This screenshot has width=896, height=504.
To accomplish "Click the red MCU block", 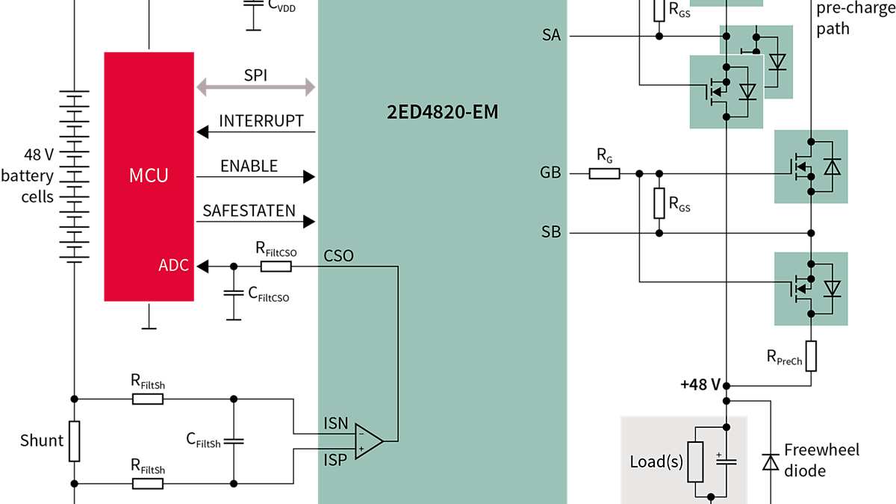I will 149,176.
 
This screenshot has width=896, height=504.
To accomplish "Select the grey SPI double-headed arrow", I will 255,87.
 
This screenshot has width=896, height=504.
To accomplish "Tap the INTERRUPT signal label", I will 261,121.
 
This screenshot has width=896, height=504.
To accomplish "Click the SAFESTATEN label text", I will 249,211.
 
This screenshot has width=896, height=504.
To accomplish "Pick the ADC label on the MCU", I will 172,265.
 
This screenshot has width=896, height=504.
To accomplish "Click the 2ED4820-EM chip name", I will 441,113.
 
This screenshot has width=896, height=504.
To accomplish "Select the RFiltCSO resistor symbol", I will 276,266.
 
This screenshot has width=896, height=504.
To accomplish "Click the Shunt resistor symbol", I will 74,441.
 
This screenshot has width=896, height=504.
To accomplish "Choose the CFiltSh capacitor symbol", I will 234,441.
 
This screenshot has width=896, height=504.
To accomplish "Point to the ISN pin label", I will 336,423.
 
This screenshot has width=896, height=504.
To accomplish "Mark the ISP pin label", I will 336,460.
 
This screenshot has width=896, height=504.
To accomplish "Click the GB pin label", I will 550,172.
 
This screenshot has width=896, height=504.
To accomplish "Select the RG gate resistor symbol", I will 604,174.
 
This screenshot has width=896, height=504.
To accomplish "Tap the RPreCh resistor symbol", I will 811,356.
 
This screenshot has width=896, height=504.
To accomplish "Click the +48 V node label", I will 700,385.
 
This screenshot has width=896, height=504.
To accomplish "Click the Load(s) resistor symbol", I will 695,461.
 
